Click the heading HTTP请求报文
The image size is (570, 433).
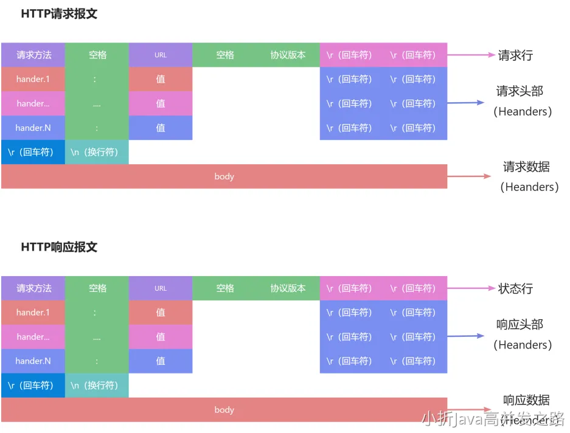[x=59, y=14]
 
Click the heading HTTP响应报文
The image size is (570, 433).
[x=59, y=248]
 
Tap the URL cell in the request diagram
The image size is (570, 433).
[x=161, y=55]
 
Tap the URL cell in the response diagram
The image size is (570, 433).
[x=161, y=288]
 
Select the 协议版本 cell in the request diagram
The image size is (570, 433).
[x=288, y=55]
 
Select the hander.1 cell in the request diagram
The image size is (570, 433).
[x=33, y=79]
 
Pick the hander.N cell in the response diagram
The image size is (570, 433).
[x=33, y=361]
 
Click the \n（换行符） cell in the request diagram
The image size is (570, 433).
[x=97, y=152]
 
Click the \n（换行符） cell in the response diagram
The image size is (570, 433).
[x=97, y=386]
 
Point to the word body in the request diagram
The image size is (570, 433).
[x=224, y=176]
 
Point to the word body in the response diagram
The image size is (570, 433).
[x=224, y=410]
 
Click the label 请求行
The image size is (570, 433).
[x=515, y=55]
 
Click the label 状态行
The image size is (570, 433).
[x=515, y=289]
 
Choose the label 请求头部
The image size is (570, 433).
[x=520, y=92]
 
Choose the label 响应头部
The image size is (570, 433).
[x=520, y=325]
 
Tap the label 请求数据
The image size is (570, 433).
[x=526, y=167]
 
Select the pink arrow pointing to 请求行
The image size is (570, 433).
[x=471, y=55]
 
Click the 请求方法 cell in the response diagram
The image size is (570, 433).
[x=33, y=288]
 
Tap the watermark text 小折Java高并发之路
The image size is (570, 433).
[x=493, y=418]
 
